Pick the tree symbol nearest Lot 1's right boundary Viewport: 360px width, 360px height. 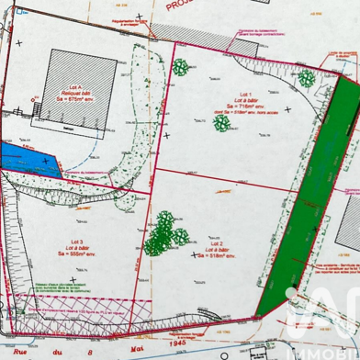pyautogui.click(x=304, y=79)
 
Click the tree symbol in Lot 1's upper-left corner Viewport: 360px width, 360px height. pyautogui.click(x=181, y=67)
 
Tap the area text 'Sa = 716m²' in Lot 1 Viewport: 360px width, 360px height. pyautogui.click(x=242, y=107)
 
